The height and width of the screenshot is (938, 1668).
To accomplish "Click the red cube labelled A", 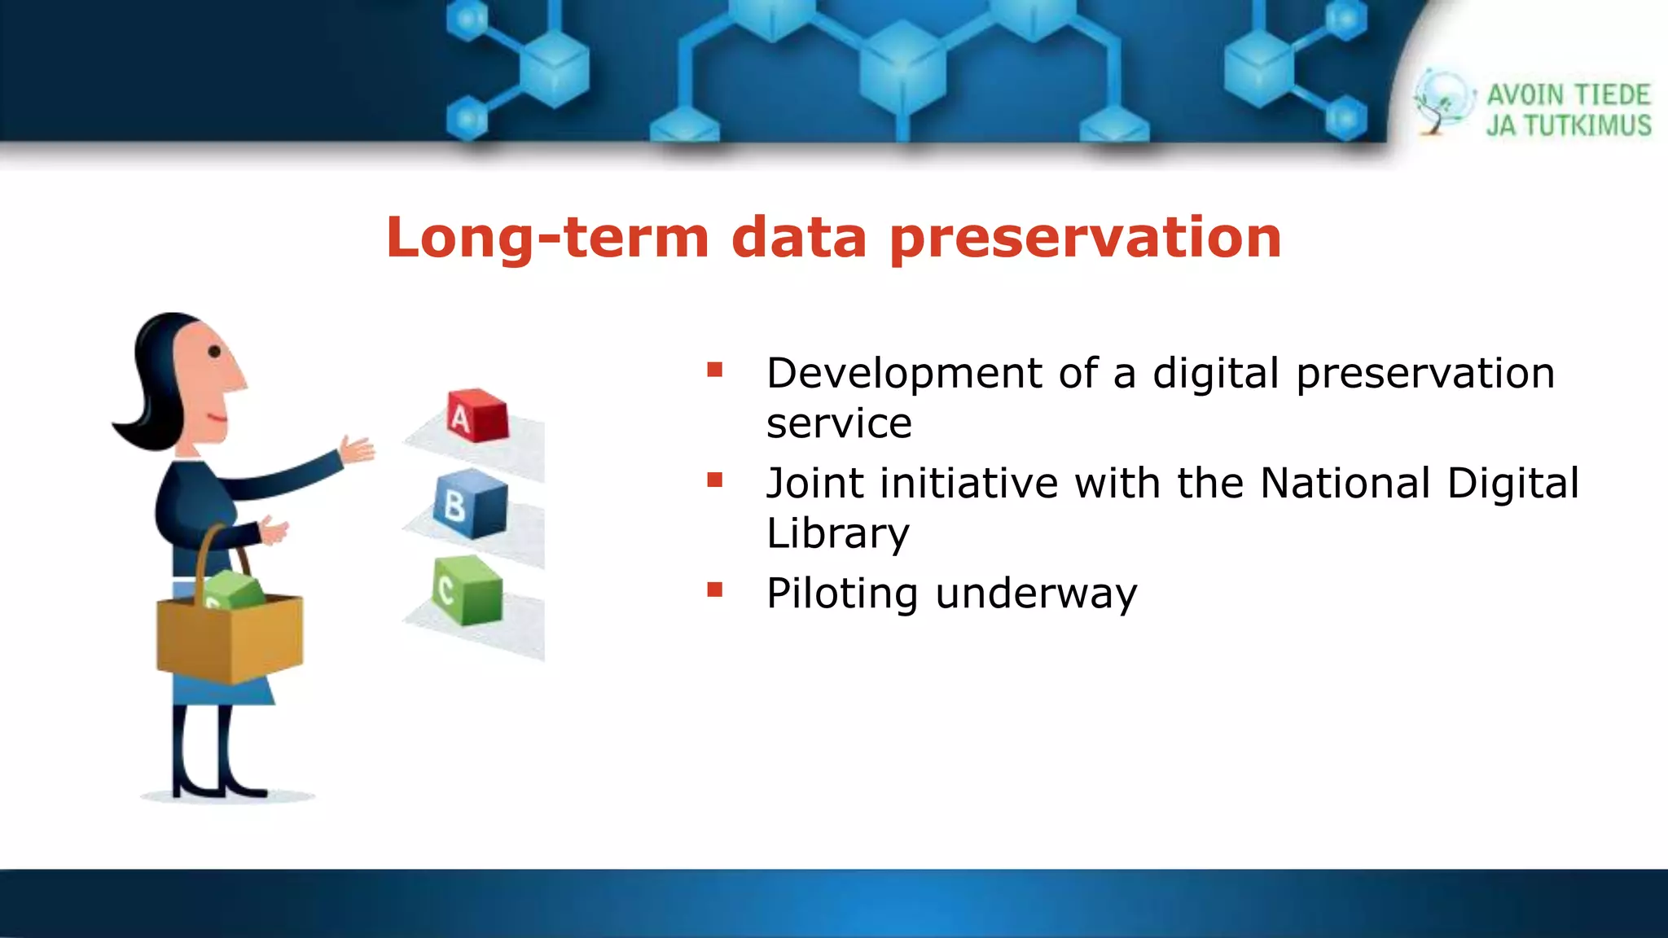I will point(477,415).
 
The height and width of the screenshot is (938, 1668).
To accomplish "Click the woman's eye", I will point(214,352).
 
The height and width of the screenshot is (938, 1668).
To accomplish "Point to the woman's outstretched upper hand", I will point(358,449).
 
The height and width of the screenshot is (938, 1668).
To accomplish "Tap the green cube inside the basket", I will point(234,590).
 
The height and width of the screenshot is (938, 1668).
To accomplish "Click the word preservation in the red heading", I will point(1086,238).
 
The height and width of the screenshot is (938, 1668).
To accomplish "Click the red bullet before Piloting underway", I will point(715,590).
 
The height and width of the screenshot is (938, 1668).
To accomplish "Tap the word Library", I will point(837,533).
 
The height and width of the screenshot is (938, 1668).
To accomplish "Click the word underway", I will point(1036,594).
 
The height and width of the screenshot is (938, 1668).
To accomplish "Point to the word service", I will point(839,423).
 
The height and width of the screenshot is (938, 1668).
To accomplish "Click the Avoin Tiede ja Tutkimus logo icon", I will point(1442,103).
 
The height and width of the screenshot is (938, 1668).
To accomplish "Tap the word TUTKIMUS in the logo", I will point(1587,126).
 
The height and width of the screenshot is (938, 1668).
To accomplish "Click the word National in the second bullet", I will point(1345,483).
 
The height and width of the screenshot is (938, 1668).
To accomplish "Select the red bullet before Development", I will point(715,370).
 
